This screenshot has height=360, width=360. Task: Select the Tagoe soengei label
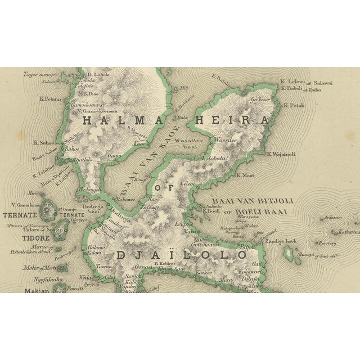pos(40,73)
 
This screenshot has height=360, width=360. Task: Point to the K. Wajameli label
pos(281,154)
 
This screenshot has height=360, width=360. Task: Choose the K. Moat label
pos(246,175)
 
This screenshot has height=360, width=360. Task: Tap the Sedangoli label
pos(91,190)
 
